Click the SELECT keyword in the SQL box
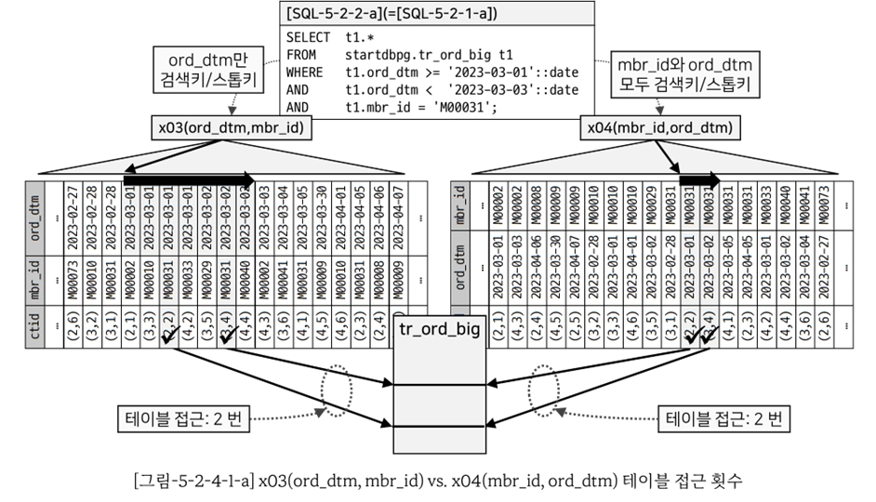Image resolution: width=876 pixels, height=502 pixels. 307,37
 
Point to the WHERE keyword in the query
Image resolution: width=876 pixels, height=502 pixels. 305,73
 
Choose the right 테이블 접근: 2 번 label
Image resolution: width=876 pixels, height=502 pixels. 722,418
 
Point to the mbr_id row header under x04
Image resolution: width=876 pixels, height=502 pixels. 459,204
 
